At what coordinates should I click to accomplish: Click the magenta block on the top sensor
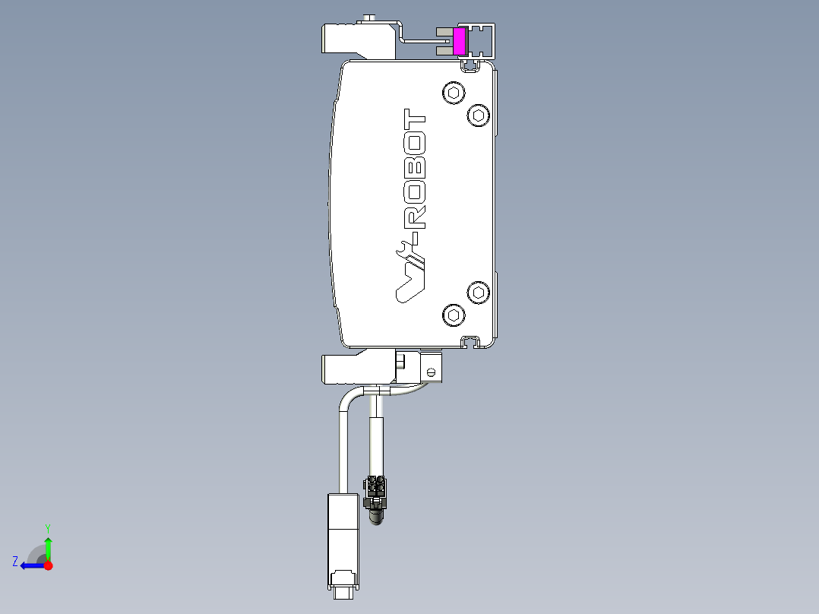[459, 41]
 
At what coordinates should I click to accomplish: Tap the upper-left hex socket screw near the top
[454, 93]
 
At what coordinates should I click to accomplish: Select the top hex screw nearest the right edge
[478, 116]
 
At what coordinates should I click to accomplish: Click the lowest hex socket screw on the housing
[454, 315]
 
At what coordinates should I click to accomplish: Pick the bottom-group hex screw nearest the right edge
[478, 292]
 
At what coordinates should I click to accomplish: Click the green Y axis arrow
[48, 547]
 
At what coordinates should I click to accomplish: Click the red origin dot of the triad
[48, 565]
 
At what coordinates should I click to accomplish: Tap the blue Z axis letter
[15, 562]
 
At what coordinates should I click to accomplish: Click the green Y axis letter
[48, 527]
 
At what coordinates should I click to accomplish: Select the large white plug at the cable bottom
[342, 532]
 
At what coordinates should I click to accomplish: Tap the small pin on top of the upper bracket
[370, 17]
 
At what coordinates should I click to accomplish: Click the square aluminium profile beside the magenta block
[481, 41]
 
